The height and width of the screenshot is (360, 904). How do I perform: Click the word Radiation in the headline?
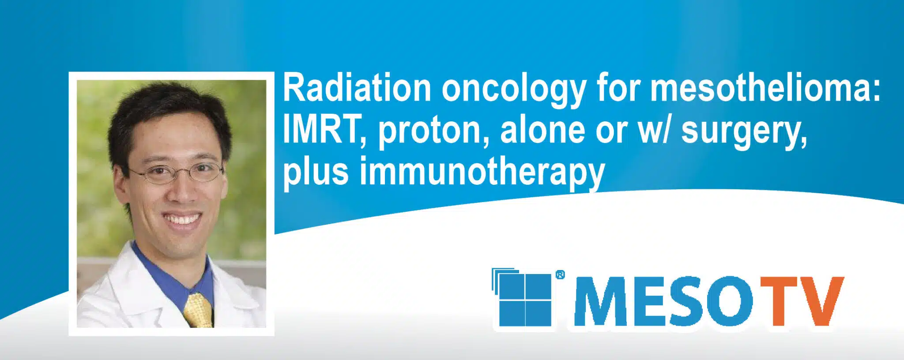(x=357, y=88)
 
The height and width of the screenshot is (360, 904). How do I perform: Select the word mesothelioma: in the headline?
(x=765, y=88)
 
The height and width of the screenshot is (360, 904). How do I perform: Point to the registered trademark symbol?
(x=560, y=275)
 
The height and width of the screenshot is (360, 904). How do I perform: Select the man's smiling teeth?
(x=181, y=219)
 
